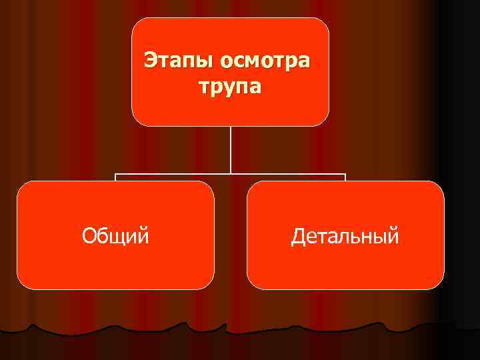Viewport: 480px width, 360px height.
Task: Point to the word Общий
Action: (115, 235)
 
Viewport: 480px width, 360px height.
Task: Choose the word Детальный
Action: (345, 235)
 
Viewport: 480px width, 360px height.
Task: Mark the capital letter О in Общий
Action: (88, 235)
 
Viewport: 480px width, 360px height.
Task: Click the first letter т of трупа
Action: (203, 87)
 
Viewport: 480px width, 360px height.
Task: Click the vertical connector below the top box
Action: (231, 150)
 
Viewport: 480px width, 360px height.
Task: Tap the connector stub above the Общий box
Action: (116, 178)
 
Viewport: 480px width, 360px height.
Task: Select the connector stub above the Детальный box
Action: (345, 178)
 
